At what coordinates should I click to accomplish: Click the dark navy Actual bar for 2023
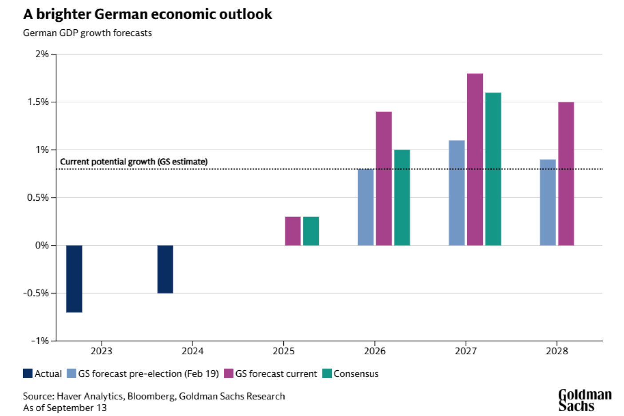click(x=74, y=279)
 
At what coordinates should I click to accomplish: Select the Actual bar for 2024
click(x=165, y=269)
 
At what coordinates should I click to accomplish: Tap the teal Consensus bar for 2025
click(x=311, y=231)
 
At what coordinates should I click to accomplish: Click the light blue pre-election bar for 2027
click(x=457, y=193)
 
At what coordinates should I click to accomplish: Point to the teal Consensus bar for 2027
click(x=493, y=169)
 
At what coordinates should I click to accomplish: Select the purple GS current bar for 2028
click(x=566, y=174)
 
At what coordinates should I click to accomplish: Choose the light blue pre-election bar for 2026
click(x=366, y=207)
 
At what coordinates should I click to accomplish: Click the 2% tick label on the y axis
click(x=42, y=54)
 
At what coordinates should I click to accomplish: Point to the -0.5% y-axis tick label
click(x=36, y=293)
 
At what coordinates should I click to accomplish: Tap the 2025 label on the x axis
click(x=283, y=351)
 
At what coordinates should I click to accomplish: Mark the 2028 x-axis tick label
click(x=557, y=351)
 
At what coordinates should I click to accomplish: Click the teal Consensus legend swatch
click(x=327, y=374)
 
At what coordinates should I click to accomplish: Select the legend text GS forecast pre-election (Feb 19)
click(x=148, y=374)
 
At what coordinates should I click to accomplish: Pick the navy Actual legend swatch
click(x=28, y=374)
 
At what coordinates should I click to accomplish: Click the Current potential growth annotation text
click(x=134, y=162)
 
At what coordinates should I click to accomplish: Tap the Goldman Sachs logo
click(x=584, y=400)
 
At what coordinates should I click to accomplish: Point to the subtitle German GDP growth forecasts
click(x=87, y=33)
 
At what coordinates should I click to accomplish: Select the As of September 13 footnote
click(x=65, y=408)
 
